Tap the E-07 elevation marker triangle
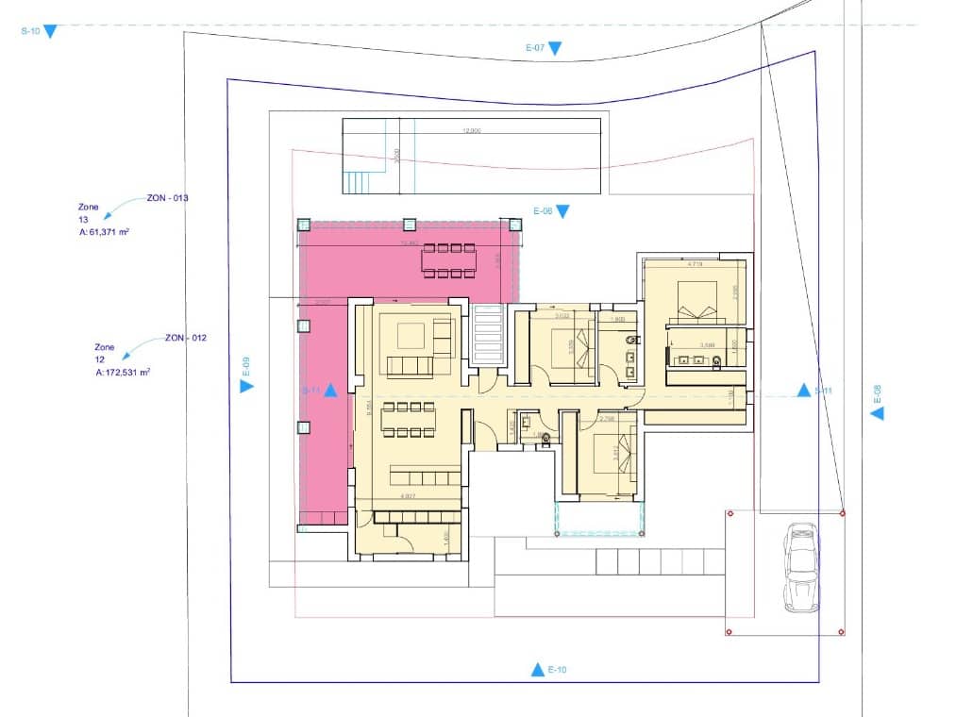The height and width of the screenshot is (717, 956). (x=556, y=48)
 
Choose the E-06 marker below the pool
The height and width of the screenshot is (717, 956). (x=562, y=211)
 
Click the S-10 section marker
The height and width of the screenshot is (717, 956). (x=50, y=31)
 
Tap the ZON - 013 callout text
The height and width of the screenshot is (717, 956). (x=168, y=198)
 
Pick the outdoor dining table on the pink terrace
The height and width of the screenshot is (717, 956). (x=450, y=261)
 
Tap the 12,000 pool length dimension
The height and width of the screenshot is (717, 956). (x=472, y=131)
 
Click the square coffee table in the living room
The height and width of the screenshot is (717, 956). (x=412, y=335)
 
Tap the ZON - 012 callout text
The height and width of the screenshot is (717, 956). (x=186, y=337)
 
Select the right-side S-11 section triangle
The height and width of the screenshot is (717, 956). (x=804, y=390)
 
